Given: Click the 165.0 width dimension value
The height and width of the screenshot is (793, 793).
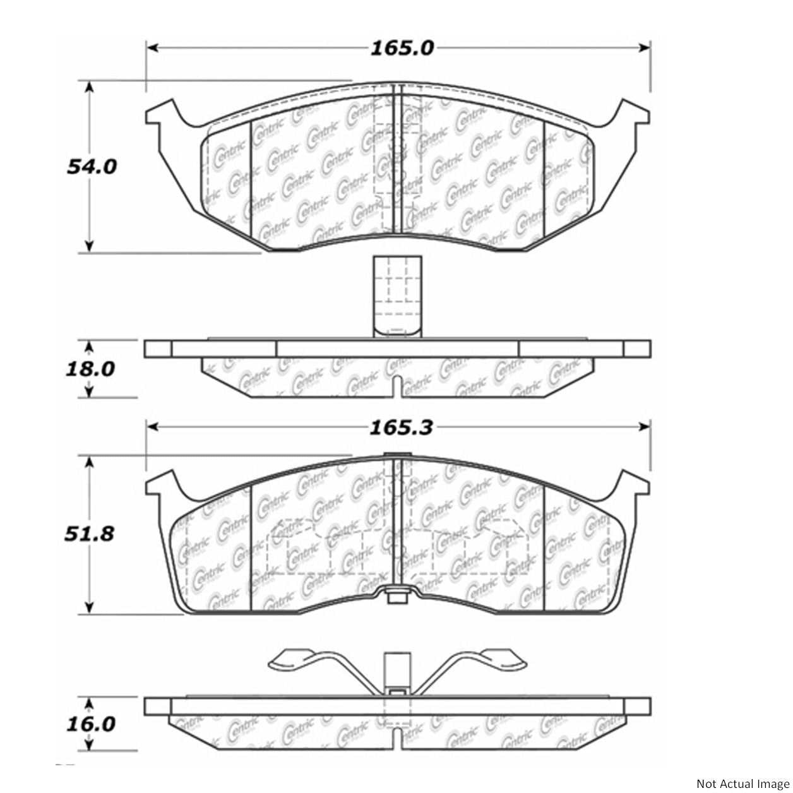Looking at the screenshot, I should tap(402, 49).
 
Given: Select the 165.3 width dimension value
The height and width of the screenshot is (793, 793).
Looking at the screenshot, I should tap(402, 427).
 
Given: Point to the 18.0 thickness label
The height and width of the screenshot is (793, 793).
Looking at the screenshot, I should tap(90, 369).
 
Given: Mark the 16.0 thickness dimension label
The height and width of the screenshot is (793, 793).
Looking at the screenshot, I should tap(91, 724).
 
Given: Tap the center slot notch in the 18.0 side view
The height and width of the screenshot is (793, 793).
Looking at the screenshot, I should tap(396, 386).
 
